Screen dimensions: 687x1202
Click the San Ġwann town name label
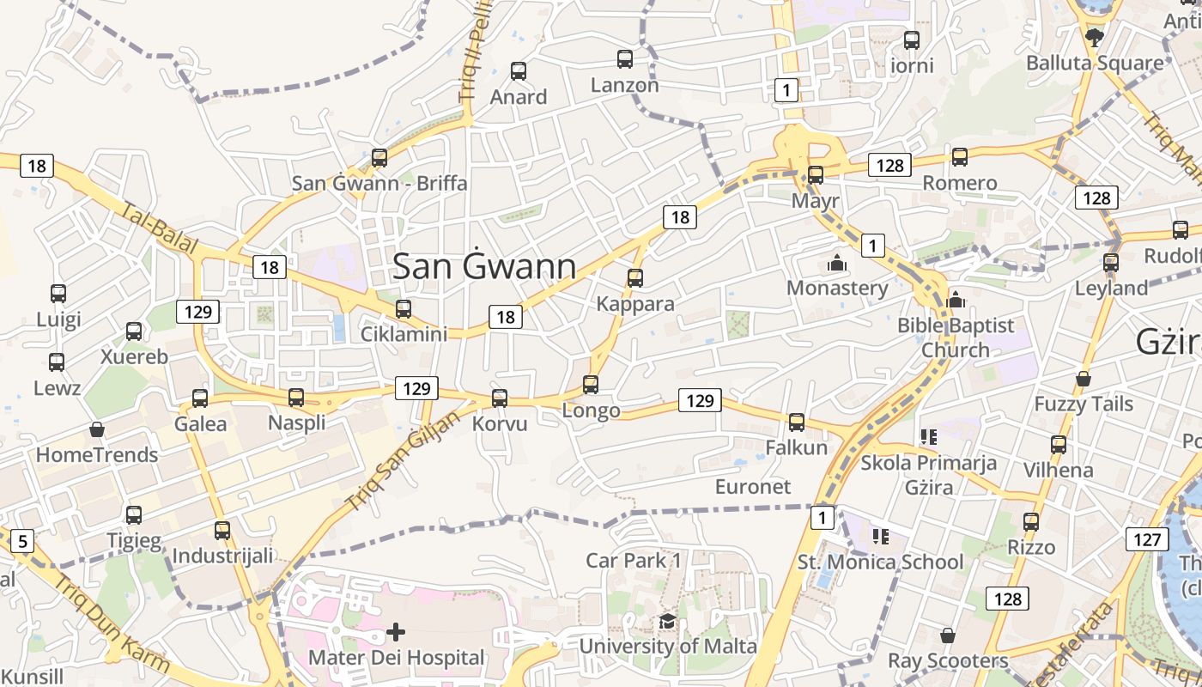(484, 266)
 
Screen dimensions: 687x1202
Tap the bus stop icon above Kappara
(635, 278)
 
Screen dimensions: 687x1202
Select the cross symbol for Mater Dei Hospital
(396, 633)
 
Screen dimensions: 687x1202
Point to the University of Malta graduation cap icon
(667, 622)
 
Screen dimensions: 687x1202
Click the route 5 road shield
(22, 541)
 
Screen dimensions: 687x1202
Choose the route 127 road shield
(1146, 539)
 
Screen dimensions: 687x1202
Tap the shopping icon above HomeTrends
(97, 429)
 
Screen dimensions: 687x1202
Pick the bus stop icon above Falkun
(797, 423)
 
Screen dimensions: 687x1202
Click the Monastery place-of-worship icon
(836, 263)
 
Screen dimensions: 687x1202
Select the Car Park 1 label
(634, 561)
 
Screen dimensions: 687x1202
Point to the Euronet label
(753, 487)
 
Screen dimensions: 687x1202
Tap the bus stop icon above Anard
(519, 71)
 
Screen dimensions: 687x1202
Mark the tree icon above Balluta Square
(1094, 38)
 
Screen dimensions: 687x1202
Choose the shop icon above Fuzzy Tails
(1084, 379)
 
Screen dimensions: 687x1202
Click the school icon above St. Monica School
(880, 537)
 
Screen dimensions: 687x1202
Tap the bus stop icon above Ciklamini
(404, 309)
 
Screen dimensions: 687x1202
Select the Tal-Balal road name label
(160, 228)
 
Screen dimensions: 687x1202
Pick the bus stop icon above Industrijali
(222, 531)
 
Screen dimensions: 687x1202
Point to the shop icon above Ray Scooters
(948, 635)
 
